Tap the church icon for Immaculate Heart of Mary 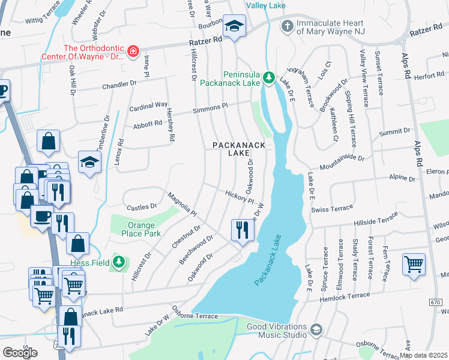coord(287,26)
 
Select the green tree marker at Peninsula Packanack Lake coord(270,77)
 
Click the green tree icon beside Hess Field coord(119,262)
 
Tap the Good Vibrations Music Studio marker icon coord(316,329)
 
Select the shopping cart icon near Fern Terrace coord(414,264)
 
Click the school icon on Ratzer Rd coord(234,27)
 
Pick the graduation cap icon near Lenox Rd coord(89,162)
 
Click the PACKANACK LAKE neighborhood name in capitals coord(231,149)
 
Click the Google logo coord(20,353)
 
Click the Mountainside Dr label coord(342,161)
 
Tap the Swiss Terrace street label coord(333,209)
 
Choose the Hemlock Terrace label coord(345,296)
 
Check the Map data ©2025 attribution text coord(423,355)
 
